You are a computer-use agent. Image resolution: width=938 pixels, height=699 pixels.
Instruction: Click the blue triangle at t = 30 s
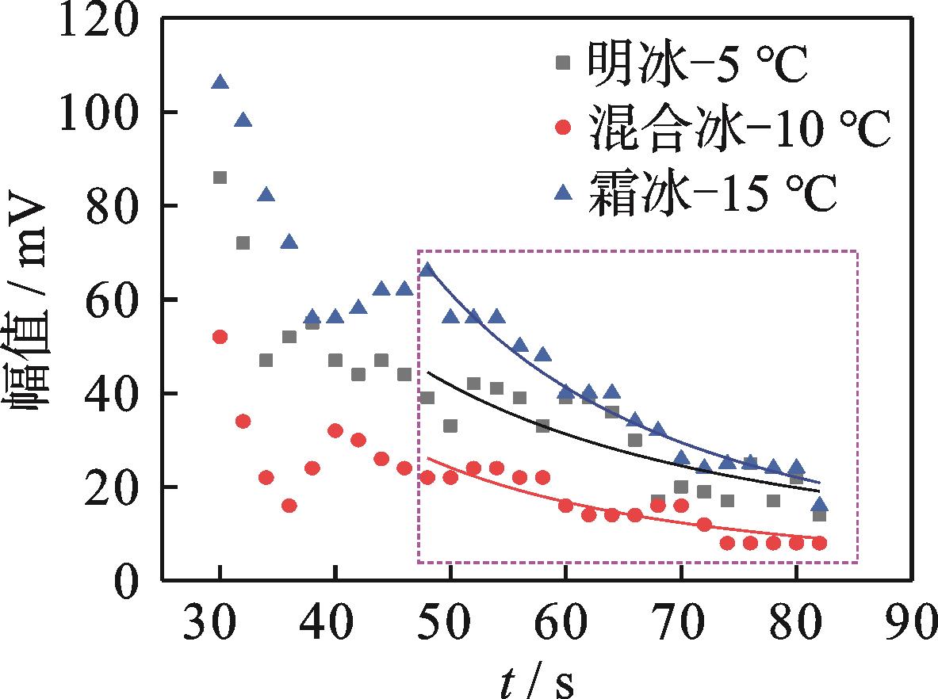220,82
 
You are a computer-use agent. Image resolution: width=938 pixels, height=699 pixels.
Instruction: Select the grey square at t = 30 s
220,178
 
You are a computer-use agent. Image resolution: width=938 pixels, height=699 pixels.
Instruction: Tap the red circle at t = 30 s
220,337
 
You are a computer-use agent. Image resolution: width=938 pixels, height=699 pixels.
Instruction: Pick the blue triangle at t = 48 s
427,269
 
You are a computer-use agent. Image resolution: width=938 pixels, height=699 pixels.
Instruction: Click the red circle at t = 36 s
289,506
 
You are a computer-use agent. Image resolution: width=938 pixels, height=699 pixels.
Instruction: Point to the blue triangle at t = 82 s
819,505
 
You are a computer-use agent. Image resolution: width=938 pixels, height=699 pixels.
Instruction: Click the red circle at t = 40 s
335,431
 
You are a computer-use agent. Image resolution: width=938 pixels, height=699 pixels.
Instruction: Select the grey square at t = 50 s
450,426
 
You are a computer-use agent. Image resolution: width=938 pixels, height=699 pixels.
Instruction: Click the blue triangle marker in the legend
563,193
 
